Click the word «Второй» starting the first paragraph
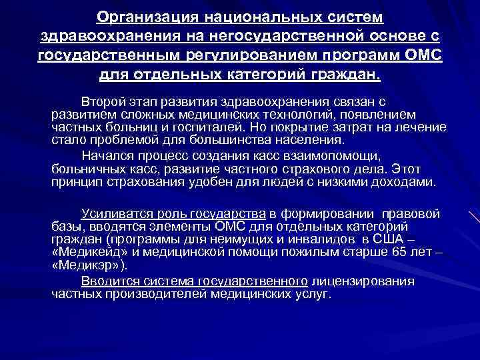click(101, 101)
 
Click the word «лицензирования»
click(363, 281)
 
